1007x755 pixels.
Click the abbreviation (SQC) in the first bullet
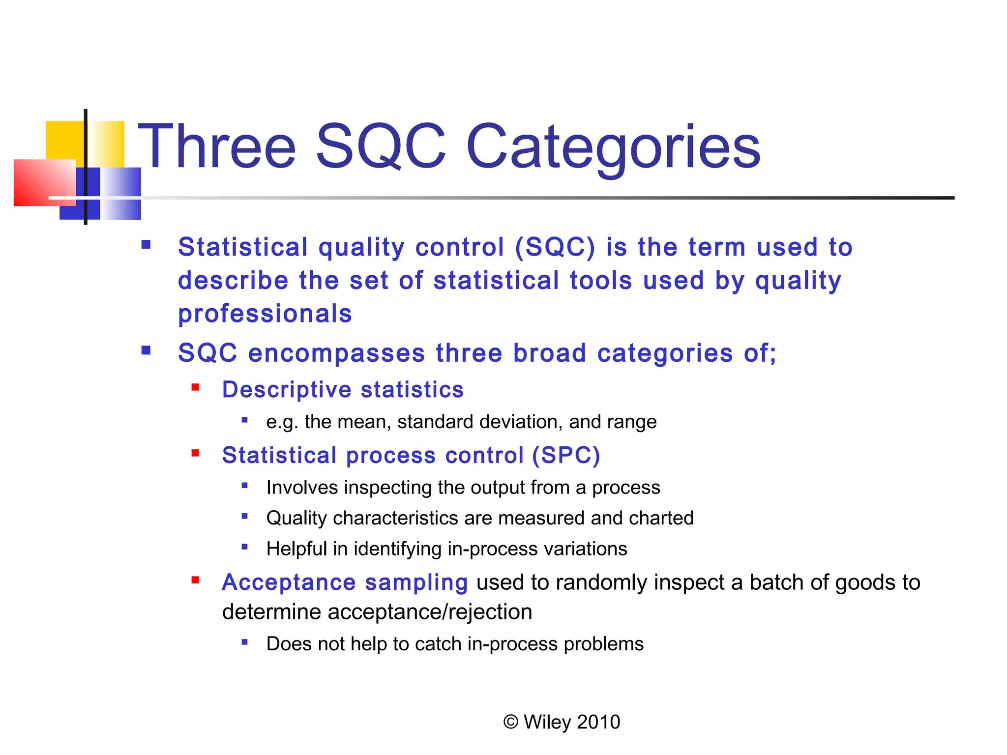(555, 247)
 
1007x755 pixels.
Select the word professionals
(265, 314)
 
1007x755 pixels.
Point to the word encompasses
(336, 353)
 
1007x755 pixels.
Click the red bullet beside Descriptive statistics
(195, 388)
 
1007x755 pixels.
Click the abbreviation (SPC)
(566, 455)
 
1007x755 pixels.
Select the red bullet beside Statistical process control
(195, 453)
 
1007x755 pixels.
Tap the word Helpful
(296, 549)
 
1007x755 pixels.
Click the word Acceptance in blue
(289, 582)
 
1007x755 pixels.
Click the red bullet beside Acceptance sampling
(195, 581)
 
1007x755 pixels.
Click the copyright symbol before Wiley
(511, 722)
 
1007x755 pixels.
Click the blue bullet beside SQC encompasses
(146, 350)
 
